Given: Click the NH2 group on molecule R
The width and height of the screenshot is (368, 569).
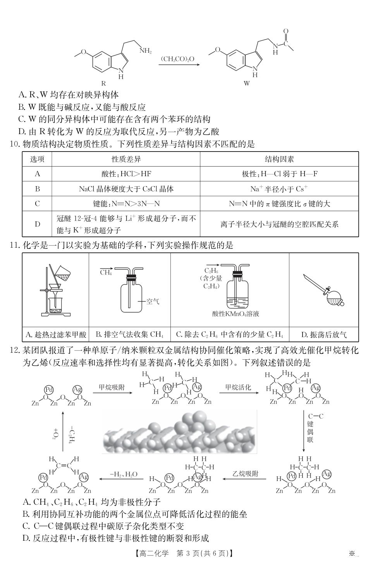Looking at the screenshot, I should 146,50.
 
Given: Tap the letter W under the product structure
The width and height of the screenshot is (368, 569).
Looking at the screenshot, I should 247,83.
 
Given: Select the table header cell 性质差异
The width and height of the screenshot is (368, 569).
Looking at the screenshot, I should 126,159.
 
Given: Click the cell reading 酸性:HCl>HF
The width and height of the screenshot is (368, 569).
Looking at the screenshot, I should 126,174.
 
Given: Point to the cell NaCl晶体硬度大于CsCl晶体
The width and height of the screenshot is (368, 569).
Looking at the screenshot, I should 126,189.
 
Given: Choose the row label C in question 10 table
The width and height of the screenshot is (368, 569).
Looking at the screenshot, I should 37,203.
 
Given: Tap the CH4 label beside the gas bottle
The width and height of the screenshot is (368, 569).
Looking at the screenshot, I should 106,272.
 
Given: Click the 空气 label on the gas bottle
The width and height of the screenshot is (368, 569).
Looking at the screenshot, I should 153,301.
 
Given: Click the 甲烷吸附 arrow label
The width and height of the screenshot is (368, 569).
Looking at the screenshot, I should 112,387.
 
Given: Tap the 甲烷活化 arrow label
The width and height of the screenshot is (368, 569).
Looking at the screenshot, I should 238,387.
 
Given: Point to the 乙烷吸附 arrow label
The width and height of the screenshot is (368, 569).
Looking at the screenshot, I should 245,474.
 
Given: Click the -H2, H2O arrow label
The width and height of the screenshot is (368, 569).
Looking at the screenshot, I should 123,474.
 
